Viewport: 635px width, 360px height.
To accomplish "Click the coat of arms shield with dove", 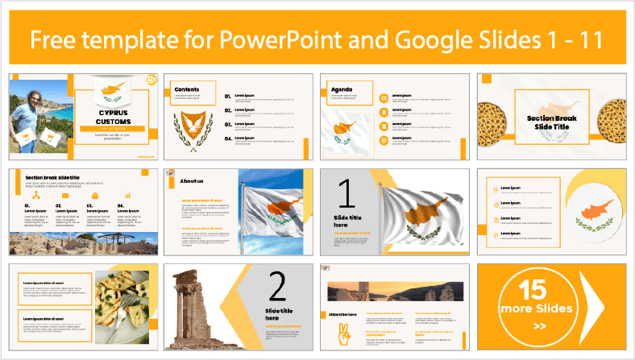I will (193, 122).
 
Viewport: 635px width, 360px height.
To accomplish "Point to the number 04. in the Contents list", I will (229, 139).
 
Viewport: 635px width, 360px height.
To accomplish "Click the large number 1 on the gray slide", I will (345, 195).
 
